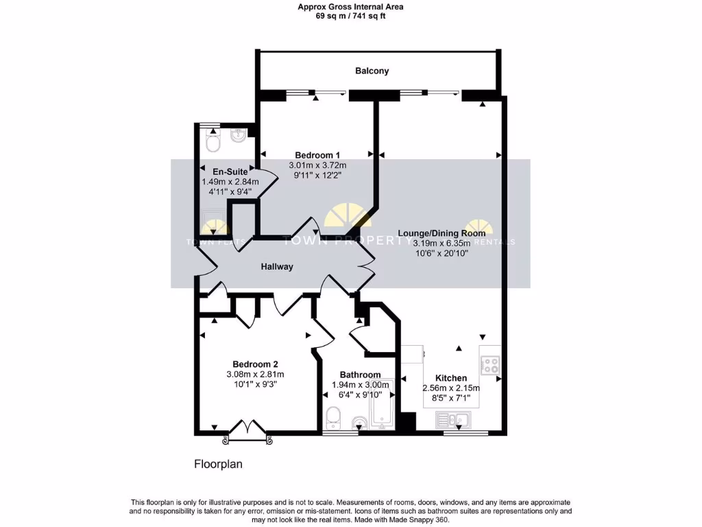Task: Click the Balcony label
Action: click(x=372, y=71)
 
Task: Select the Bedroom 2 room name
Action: click(x=255, y=364)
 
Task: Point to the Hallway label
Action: click(x=277, y=266)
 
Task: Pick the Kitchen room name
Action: click(x=451, y=377)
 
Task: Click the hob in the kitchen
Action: click(x=490, y=364)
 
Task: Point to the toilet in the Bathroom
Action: click(x=333, y=416)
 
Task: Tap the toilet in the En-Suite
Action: click(x=213, y=142)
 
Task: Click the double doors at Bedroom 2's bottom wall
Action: click(x=247, y=428)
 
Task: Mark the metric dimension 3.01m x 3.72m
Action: click(x=317, y=165)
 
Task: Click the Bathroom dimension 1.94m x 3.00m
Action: click(x=360, y=385)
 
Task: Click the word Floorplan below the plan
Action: click(x=218, y=464)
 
